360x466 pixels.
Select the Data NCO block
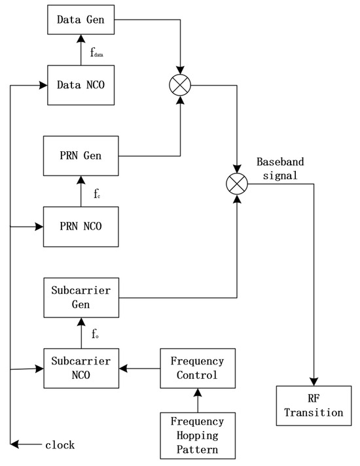coord(81,86)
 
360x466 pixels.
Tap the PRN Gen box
coord(81,156)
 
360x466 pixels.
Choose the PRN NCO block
coord(81,226)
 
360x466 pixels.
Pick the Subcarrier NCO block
coord(81,368)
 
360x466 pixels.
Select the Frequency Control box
coord(197,368)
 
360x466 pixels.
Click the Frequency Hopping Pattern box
coord(197,435)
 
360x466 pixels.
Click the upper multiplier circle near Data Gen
coord(180,85)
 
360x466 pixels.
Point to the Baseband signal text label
coord(280,168)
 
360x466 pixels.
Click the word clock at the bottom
coord(60,445)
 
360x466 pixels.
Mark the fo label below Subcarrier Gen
coord(96,334)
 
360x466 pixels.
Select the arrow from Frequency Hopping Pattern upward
coord(197,401)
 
